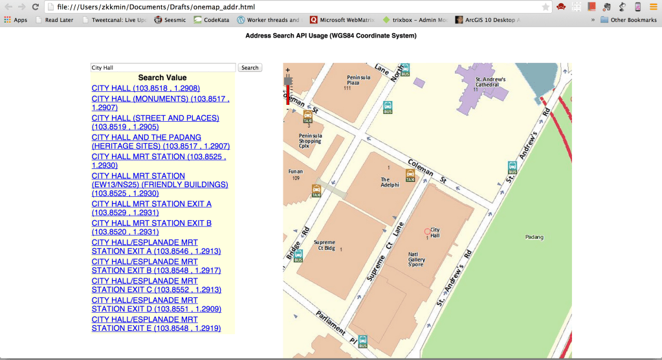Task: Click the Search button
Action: tap(250, 67)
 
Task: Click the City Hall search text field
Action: tap(162, 67)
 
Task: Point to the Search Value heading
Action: tap(162, 78)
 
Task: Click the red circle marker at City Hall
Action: tap(426, 231)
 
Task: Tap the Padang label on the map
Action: tap(535, 237)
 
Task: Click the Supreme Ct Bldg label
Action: tap(324, 245)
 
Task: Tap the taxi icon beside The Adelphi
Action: tap(410, 175)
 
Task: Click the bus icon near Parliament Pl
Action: tap(362, 341)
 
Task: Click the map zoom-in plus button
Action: tap(287, 69)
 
